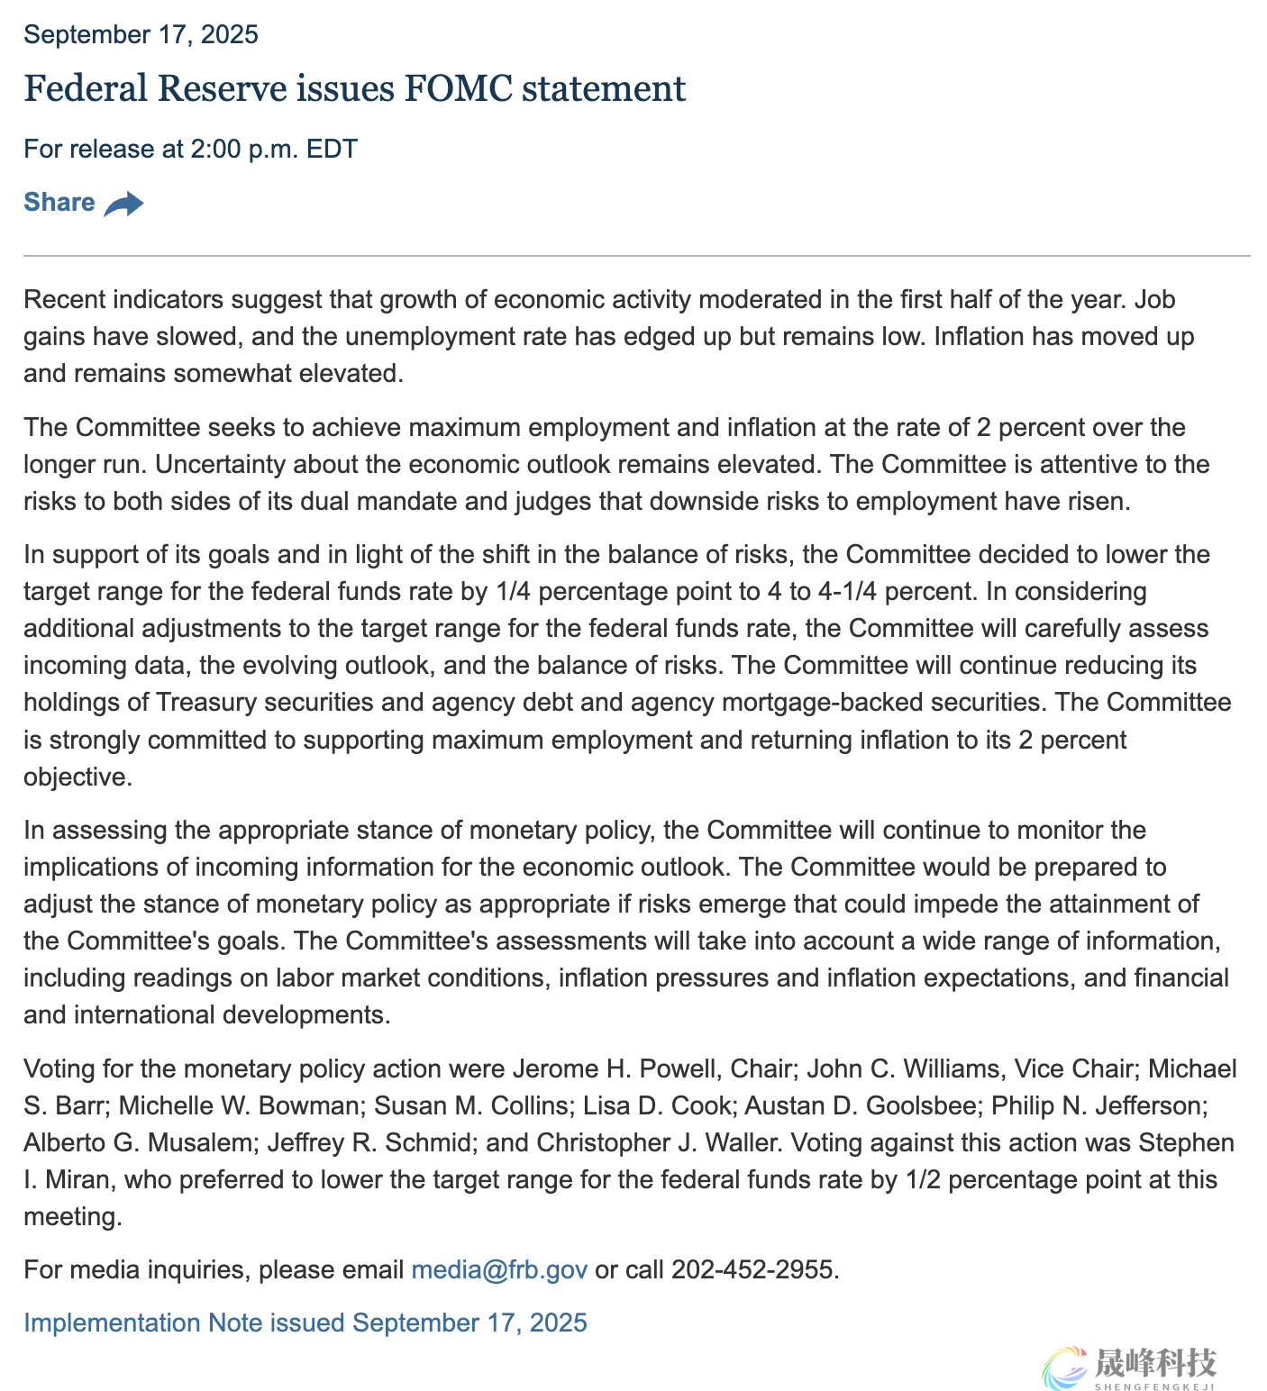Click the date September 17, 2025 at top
(x=141, y=34)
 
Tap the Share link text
(x=59, y=202)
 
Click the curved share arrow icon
(x=123, y=205)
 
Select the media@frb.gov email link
(x=499, y=1269)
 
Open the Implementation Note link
(x=305, y=1323)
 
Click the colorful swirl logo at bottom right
(x=1065, y=1367)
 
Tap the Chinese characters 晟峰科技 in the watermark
(x=1155, y=1362)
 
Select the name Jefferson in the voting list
(x=1149, y=1105)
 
